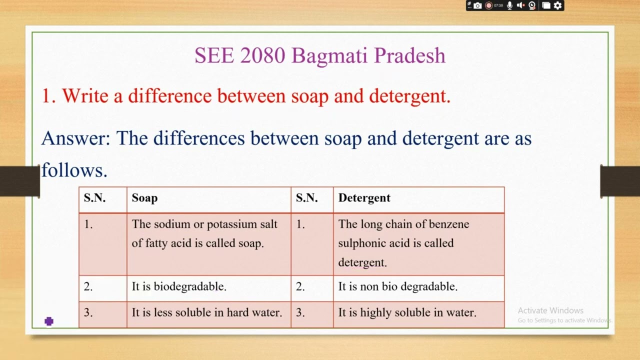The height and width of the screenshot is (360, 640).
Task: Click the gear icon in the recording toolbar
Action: [558, 5]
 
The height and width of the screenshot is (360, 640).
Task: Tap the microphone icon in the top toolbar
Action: [509, 5]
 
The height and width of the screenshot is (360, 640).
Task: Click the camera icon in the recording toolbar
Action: [477, 5]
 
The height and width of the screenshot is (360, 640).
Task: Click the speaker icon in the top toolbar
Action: [520, 5]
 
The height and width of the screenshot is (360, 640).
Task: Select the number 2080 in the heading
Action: [262, 55]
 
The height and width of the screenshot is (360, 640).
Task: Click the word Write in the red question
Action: [85, 95]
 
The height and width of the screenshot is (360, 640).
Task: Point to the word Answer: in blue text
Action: [75, 138]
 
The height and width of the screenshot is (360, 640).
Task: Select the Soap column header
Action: [144, 198]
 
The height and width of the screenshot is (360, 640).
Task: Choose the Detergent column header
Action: [364, 198]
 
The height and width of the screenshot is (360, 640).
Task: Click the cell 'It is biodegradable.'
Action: [179, 286]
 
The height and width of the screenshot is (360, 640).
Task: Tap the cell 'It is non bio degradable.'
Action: [397, 286]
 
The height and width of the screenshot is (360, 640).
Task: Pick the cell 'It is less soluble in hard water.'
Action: [207, 312]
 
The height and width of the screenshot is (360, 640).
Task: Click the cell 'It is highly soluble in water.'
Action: [407, 312]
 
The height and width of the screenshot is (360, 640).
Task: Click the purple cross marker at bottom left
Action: [49, 321]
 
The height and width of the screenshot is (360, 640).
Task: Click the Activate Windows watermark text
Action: [550, 310]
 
